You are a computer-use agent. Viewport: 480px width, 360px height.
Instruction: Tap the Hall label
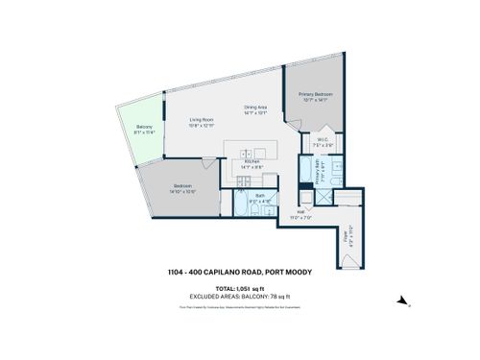(x=300, y=211)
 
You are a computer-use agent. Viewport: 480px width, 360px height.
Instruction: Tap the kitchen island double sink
(x=248, y=153)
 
